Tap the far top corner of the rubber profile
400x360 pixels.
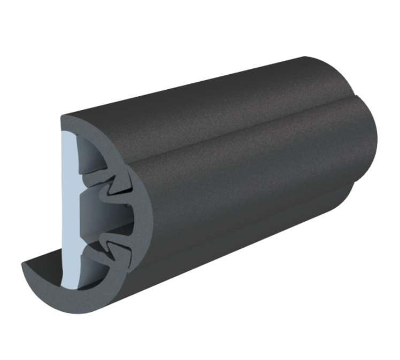pyautogui.click(x=305, y=57)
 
